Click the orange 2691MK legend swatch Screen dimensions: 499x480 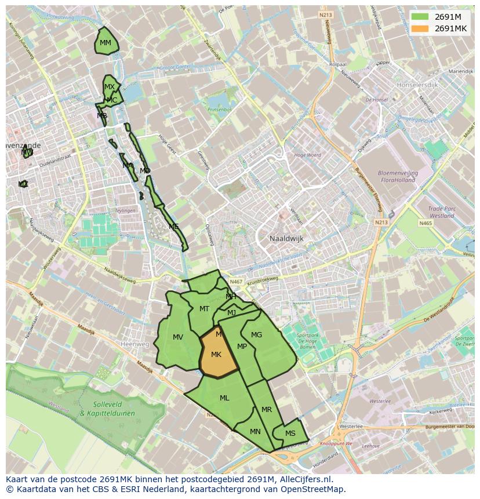(421, 28)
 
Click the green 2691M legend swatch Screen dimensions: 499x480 (421, 17)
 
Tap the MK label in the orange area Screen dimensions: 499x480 (216, 355)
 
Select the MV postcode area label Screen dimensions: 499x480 (178, 337)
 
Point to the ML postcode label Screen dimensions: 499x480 (224, 398)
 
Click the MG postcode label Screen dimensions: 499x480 (256, 335)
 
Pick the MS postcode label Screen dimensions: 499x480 (290, 434)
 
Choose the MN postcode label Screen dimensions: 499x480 (255, 432)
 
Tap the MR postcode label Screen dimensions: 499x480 (267, 410)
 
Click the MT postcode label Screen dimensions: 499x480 (204, 309)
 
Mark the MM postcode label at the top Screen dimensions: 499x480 (105, 43)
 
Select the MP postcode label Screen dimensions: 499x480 (242, 347)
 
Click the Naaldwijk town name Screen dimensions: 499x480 (287, 238)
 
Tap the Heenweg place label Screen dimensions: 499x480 (134, 344)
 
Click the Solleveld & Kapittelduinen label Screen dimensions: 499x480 (107, 409)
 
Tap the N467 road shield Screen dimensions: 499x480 (235, 282)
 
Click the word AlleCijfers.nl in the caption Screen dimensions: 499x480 (311, 479)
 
